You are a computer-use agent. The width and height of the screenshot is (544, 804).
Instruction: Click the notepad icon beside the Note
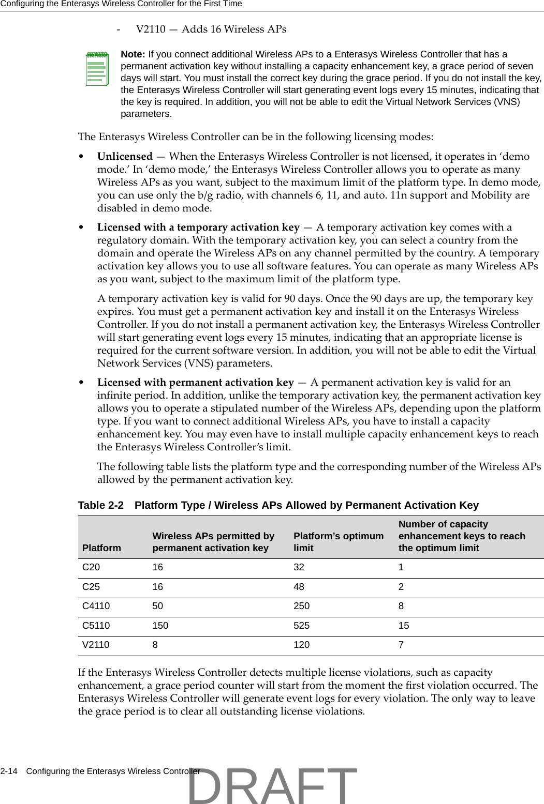click(97, 68)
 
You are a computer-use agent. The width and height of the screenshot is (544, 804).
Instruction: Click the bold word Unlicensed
click(125, 156)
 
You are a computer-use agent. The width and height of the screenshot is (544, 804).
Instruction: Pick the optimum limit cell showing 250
click(302, 606)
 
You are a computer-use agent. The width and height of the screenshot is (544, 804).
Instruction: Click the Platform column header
click(101, 548)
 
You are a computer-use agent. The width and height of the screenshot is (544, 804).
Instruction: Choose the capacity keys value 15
click(404, 626)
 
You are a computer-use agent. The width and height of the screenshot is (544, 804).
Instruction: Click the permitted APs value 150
click(160, 626)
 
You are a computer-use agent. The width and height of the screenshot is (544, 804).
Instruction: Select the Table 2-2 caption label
click(101, 505)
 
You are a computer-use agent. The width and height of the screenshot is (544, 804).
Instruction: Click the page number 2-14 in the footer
click(9, 771)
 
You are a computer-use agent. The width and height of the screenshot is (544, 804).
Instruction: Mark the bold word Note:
click(133, 55)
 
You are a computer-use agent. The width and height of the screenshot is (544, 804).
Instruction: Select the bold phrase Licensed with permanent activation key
click(196, 382)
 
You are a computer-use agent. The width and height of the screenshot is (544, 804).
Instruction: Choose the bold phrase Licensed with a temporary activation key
click(198, 227)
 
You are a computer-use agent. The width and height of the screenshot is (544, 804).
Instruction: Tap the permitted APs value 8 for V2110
click(155, 645)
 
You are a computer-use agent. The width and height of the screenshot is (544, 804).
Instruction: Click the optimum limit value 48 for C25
click(299, 587)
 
